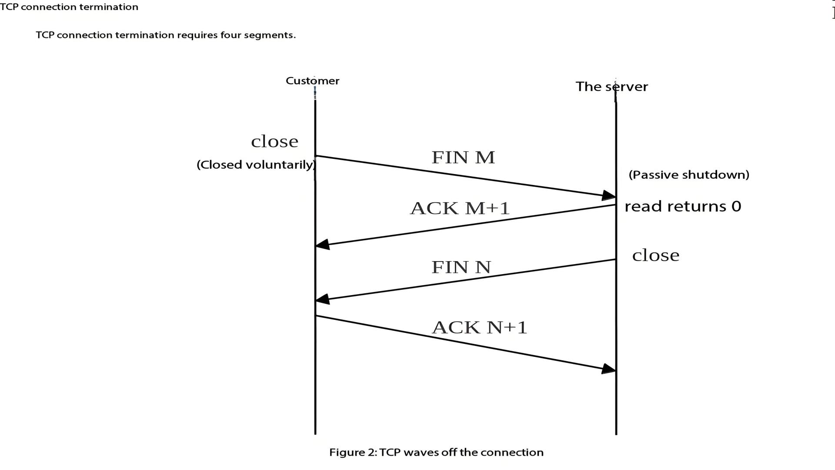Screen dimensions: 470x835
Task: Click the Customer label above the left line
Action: (312, 81)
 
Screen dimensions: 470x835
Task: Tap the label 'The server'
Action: (611, 87)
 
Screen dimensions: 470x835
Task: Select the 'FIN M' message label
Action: (463, 158)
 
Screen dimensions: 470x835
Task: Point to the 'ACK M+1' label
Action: (460, 208)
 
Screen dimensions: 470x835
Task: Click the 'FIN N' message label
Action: (461, 267)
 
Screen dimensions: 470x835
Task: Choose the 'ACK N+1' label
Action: (479, 327)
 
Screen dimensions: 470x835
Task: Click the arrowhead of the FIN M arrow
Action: (609, 196)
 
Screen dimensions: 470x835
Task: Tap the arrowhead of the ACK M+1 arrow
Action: (322, 245)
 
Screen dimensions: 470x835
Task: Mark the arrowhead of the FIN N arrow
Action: (322, 299)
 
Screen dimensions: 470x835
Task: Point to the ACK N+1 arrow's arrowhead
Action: (609, 369)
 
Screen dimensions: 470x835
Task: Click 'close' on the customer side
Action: (274, 141)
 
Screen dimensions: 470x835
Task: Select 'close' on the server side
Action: (655, 255)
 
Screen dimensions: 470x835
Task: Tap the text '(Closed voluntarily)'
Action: (256, 165)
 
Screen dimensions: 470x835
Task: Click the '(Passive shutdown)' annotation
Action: (689, 175)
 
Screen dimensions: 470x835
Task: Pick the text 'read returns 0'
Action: (682, 206)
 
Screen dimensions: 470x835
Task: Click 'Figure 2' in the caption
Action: (353, 453)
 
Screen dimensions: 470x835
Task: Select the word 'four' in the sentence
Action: (230, 35)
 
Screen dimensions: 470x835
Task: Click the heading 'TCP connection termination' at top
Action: (69, 7)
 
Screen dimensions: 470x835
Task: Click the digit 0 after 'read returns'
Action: (736, 206)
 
